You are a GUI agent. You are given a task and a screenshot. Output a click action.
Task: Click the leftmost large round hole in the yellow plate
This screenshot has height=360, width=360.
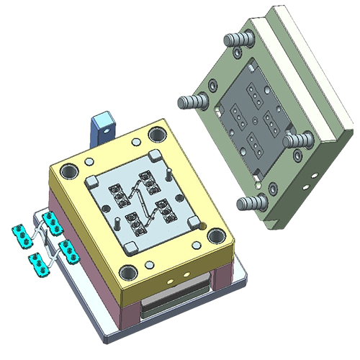tap(69, 171)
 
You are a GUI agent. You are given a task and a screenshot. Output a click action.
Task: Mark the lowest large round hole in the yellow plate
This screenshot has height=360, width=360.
tap(128, 272)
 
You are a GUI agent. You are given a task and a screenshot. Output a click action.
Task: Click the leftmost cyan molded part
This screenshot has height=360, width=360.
tap(19, 232)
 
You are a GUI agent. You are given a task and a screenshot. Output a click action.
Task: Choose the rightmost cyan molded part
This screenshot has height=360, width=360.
tap(70, 249)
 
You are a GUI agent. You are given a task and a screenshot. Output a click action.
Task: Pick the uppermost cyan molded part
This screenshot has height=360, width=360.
tap(52, 218)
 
